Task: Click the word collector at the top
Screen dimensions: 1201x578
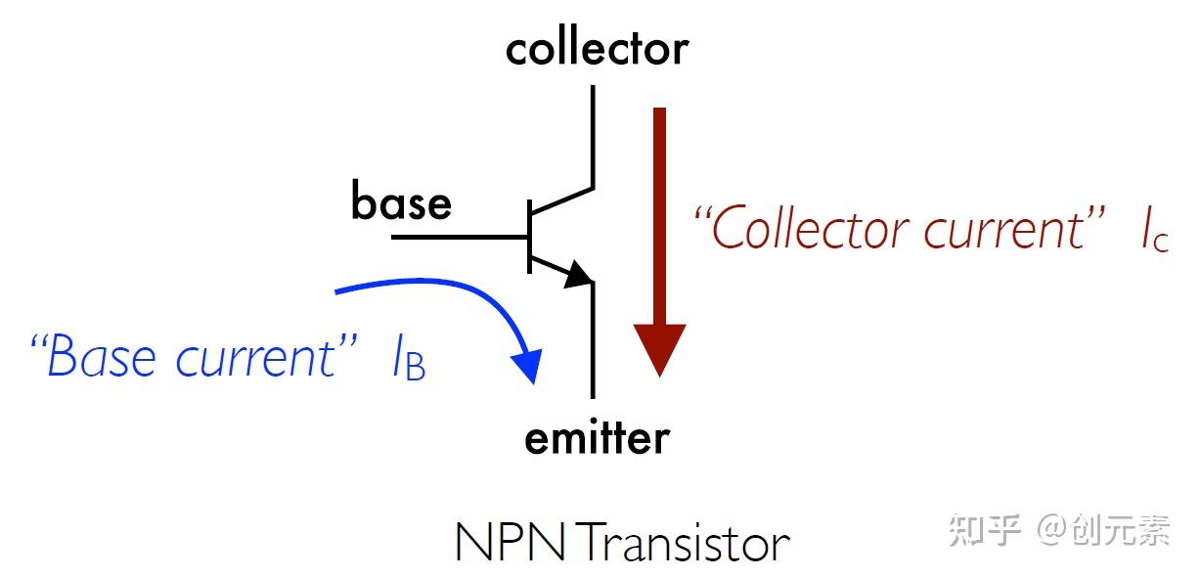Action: pos(597,48)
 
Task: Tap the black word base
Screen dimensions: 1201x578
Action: pos(401,202)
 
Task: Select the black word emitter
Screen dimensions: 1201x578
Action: pos(597,437)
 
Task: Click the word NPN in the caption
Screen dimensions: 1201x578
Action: pos(511,543)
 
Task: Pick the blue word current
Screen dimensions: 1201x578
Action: pos(258,357)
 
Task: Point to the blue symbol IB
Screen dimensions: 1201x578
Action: pos(408,361)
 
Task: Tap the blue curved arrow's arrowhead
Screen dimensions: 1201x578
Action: pos(527,366)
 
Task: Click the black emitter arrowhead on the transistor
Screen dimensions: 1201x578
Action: pos(580,275)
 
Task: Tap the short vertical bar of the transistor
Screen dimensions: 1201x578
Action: pos(528,237)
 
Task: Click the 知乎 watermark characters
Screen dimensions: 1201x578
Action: pos(987,529)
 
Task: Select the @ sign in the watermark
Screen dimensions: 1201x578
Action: pos(1050,530)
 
